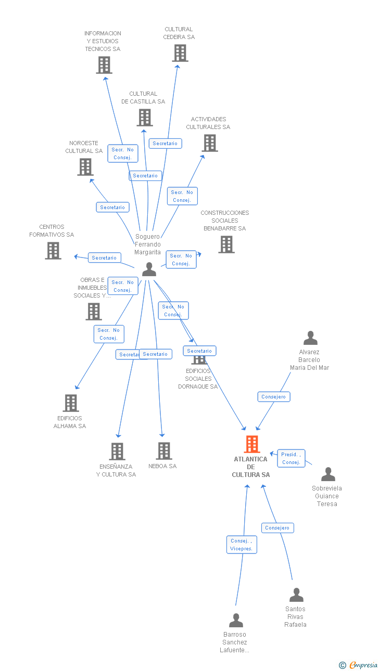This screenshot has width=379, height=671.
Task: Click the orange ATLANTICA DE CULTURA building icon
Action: (252, 444)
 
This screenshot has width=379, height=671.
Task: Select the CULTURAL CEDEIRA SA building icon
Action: (180, 53)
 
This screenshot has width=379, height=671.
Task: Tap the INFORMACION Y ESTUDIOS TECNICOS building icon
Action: (104, 65)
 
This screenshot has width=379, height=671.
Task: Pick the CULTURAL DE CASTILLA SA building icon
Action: (145, 118)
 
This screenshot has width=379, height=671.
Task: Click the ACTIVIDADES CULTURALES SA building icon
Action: (210, 143)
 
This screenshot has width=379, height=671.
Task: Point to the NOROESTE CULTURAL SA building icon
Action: (85, 167)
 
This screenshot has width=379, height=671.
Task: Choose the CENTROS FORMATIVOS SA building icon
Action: (53, 251)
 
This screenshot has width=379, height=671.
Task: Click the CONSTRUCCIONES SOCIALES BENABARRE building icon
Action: (226, 244)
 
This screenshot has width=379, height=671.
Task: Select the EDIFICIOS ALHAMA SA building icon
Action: (71, 403)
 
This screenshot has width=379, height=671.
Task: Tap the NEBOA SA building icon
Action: (164, 451)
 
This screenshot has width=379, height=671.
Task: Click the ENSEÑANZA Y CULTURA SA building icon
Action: (118, 451)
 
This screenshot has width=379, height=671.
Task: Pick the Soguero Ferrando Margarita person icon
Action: (149, 269)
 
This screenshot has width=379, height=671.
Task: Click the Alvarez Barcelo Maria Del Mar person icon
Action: (310, 338)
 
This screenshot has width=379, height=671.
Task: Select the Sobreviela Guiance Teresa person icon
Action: (328, 474)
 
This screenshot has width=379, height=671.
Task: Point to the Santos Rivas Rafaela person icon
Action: (296, 595)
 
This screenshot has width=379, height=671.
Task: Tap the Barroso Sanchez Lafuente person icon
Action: (236, 621)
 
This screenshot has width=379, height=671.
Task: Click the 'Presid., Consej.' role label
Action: (291, 458)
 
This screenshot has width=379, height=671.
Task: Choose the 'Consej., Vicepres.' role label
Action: (242, 545)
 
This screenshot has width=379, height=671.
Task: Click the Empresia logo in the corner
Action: (359, 665)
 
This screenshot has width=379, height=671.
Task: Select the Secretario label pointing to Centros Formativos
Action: (105, 258)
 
